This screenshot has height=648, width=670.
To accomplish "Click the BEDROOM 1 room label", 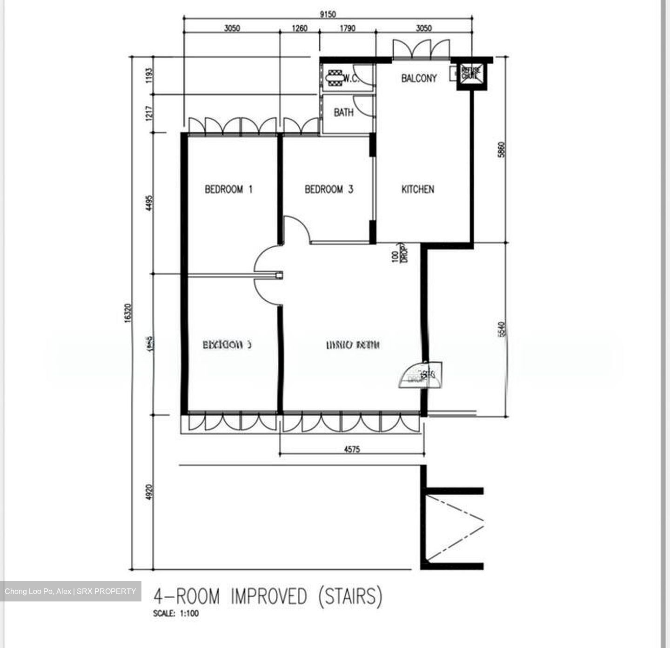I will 228,189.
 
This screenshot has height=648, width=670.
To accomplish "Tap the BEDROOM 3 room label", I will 328,189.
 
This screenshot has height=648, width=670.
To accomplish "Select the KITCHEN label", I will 417,189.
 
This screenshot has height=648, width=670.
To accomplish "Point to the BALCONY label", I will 419,78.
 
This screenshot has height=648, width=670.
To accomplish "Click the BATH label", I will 343,112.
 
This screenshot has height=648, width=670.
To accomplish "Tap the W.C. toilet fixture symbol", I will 335,78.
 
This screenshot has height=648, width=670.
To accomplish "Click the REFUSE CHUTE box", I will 470,73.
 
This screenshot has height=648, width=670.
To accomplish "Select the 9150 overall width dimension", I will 328,14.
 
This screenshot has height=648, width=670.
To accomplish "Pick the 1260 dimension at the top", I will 299,28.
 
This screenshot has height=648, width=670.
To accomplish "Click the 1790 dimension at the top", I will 347,28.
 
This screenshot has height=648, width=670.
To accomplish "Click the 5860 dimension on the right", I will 501,149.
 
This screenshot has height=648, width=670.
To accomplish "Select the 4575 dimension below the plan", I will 352,450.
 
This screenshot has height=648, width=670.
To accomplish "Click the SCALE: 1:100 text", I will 176,614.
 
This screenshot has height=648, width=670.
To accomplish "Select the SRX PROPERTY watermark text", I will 106,592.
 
